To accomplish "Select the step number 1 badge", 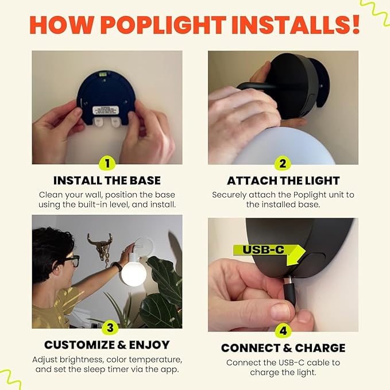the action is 107,164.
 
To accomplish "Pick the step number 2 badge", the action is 283,164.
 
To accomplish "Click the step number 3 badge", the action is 110,327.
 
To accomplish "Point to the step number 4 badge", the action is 283,331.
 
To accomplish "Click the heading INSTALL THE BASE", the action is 107,180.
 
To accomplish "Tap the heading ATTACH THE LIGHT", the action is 283,180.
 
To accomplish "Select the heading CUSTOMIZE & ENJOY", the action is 107,345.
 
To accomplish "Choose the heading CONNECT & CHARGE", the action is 283,347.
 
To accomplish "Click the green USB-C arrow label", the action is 270,253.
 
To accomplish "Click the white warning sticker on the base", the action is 106,110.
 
